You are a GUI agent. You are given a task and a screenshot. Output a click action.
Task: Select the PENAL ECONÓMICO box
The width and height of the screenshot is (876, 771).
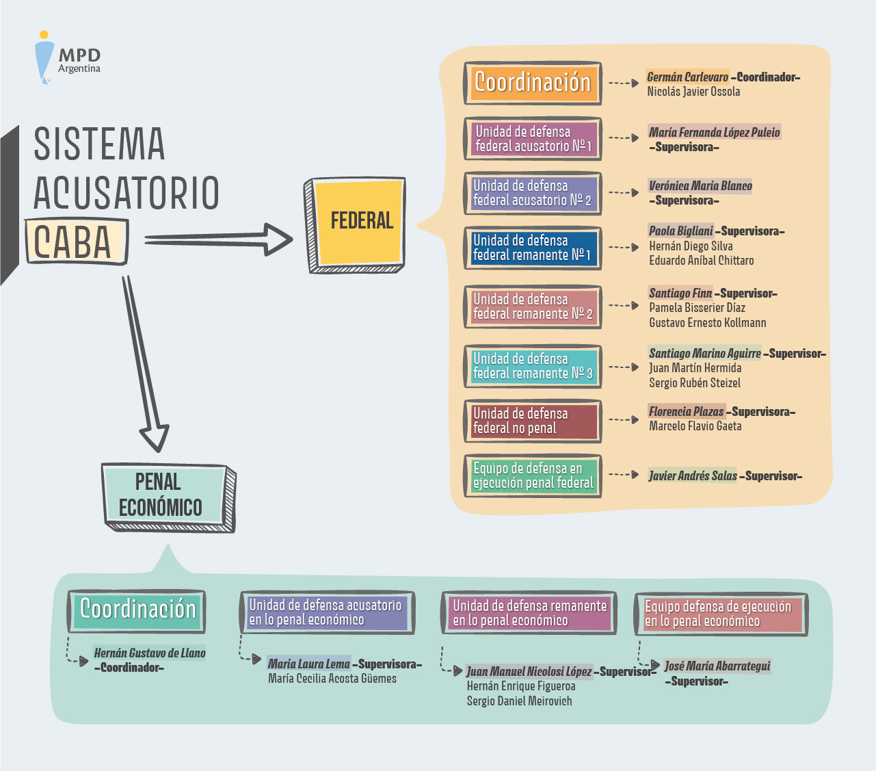pyautogui.click(x=165, y=495)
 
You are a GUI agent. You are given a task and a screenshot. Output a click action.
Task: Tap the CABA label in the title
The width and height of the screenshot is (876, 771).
pyautogui.click(x=74, y=241)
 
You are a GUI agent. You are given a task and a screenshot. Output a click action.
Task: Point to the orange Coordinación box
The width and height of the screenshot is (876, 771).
pyautogui.click(x=532, y=83)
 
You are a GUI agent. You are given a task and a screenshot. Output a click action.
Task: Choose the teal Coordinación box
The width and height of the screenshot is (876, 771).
pyautogui.click(x=137, y=610)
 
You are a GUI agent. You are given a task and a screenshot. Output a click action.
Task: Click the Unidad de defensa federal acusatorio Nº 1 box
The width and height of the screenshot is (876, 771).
pyautogui.click(x=532, y=138)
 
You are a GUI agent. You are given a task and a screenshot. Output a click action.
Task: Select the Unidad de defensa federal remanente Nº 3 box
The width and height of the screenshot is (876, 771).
pyautogui.click(x=532, y=366)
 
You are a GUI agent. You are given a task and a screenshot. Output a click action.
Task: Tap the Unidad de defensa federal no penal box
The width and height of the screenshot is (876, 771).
pyautogui.click(x=532, y=421)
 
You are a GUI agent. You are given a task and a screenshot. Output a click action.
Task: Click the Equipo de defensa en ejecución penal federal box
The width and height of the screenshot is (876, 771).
pyautogui.click(x=532, y=475)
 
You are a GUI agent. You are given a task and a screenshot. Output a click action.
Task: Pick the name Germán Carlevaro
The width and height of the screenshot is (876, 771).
pyautogui.click(x=687, y=77)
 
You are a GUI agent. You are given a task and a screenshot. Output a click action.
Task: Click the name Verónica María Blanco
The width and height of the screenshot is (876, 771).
pyautogui.click(x=700, y=186)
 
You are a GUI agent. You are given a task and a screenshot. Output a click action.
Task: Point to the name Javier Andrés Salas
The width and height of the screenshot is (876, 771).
pyautogui.click(x=693, y=475)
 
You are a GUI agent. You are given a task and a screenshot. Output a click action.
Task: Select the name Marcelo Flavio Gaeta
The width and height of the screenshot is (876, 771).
pyautogui.click(x=695, y=426)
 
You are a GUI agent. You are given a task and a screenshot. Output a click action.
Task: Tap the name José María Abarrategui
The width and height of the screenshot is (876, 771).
pyautogui.click(x=717, y=666)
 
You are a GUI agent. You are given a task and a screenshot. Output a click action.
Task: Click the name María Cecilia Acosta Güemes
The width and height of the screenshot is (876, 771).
pyautogui.click(x=332, y=679)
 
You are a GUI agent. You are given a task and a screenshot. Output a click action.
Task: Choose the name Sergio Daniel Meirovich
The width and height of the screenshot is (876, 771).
pyautogui.click(x=519, y=701)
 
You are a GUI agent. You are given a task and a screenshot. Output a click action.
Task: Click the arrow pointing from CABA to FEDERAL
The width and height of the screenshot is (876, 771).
pyautogui.click(x=219, y=239)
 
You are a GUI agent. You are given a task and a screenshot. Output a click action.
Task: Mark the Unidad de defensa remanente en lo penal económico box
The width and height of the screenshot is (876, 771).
pyautogui.click(x=529, y=612)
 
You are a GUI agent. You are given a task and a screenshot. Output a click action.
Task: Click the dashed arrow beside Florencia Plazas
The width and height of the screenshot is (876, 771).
pyautogui.click(x=624, y=419)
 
